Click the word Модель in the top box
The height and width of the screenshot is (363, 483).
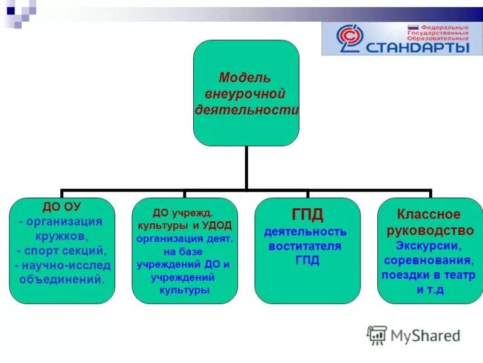coord(245,78)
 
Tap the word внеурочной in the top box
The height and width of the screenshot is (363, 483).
coord(245,94)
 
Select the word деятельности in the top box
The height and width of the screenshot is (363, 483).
coord(247,109)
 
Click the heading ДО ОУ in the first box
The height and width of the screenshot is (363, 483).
coord(62,207)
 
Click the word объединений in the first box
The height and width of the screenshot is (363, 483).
coord(62,280)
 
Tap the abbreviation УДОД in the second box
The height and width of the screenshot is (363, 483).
coord(216,224)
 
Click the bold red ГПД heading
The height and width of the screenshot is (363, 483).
coord(307,214)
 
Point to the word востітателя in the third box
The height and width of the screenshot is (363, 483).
coord(307,246)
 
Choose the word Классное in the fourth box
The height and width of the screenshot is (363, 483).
coord(428,214)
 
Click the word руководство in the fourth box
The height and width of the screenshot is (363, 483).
coord(430,230)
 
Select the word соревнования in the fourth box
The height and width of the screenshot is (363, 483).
coord(430,260)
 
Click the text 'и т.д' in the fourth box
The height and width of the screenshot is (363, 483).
coord(430,290)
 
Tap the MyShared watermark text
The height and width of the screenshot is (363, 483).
coord(425,335)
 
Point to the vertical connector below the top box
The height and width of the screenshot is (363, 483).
coord(246,167)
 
